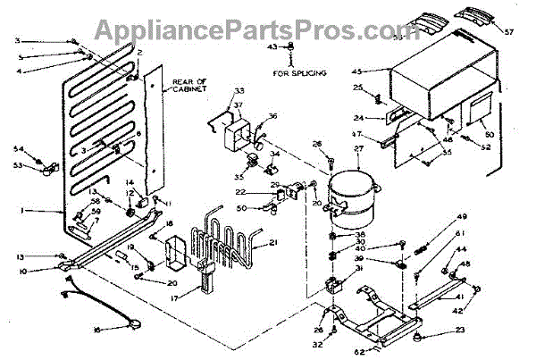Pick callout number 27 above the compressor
[x=359, y=150]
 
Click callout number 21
[x=274, y=243]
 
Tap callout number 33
[x=214, y=91]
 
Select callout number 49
[x=462, y=217]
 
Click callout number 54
[x=17, y=148]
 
